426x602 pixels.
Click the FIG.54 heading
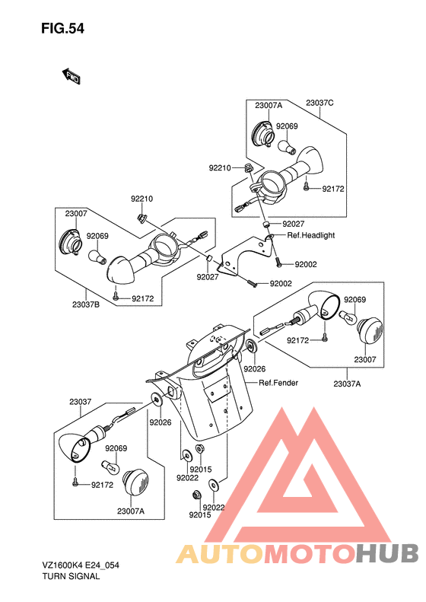[x=62, y=29]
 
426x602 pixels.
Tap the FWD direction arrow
[x=71, y=76]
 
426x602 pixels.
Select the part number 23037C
[x=319, y=103]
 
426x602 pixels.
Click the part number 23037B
[x=86, y=305]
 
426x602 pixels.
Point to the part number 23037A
[x=347, y=384]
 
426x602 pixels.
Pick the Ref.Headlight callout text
[x=311, y=235]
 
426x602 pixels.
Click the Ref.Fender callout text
[x=278, y=383]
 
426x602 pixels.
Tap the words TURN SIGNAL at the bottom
[x=71, y=576]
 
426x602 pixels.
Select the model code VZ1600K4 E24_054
[x=81, y=565]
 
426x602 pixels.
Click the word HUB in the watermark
[x=387, y=554]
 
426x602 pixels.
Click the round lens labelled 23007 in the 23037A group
[x=370, y=330]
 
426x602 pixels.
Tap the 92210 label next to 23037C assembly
[x=220, y=168]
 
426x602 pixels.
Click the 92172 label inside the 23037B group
[x=142, y=298]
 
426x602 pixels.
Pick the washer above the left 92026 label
[x=157, y=400]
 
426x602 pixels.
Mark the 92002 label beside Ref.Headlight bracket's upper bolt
[x=306, y=265]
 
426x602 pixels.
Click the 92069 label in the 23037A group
[x=354, y=300]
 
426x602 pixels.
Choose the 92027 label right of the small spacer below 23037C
[x=293, y=225]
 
